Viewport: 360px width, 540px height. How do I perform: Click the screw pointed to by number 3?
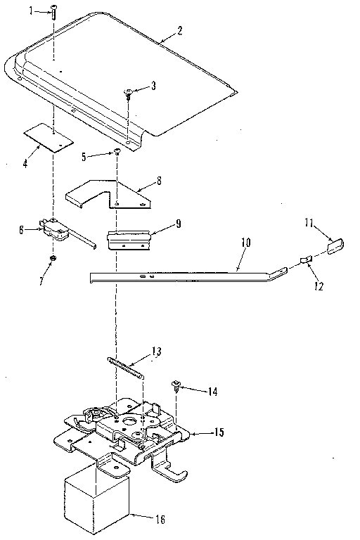click(x=130, y=92)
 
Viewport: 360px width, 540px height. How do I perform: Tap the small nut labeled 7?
click(x=53, y=261)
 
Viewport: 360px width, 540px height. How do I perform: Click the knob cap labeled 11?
click(x=335, y=246)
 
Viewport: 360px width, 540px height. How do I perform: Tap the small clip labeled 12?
click(x=304, y=261)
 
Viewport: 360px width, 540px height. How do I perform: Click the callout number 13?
click(x=156, y=352)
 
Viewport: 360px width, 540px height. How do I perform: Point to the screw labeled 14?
click(x=176, y=385)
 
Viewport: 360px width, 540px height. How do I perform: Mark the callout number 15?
click(x=220, y=432)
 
